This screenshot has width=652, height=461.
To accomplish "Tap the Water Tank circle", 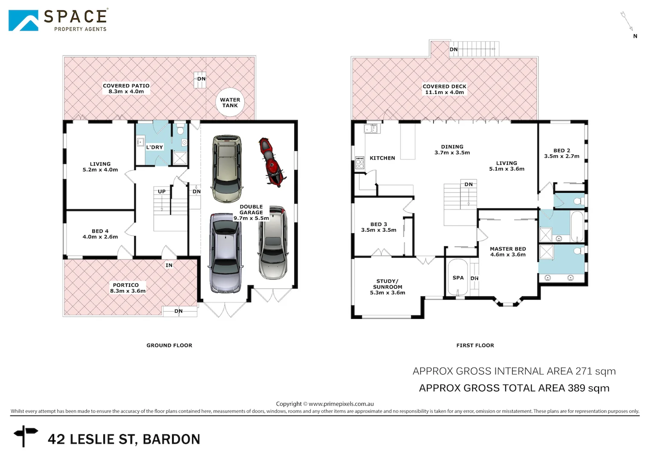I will tap(230, 102).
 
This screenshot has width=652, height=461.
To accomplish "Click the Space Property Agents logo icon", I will tap(23, 20).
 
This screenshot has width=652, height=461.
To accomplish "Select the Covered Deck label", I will tap(444, 86).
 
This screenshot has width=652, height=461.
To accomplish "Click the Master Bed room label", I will tap(508, 249).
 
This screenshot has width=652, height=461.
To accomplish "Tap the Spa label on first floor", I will tap(458, 278).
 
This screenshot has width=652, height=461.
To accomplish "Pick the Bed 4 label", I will tap(100, 231).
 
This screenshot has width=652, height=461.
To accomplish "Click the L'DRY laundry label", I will tap(155, 147).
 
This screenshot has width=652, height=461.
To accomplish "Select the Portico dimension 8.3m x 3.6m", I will tap(128, 291).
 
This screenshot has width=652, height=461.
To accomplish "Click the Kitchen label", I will tap(382, 158).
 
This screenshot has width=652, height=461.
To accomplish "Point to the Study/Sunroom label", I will tap(387, 284).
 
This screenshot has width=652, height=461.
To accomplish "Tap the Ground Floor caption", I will tap(169, 345).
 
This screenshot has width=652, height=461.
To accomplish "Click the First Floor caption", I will tap(475, 345).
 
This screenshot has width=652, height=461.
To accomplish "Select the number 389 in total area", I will tap(576, 388).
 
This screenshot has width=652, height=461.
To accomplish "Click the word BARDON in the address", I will tap(171, 439).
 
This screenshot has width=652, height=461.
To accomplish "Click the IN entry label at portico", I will tap(169, 266).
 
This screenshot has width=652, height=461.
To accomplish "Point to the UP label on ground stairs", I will tap(161, 192).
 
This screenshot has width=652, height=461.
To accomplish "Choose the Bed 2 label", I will tap(561, 151).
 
